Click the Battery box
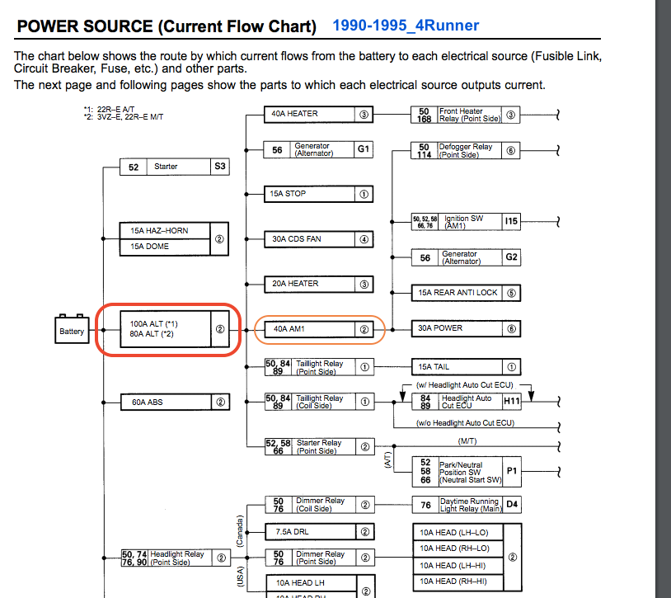point(72,332)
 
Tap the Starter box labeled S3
point(174,167)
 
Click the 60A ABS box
point(174,403)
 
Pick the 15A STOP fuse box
point(318,194)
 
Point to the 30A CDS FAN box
point(318,239)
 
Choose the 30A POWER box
point(467,328)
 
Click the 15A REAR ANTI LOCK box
point(467,293)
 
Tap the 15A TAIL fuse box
point(467,367)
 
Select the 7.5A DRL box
point(318,531)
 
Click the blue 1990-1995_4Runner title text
point(405,26)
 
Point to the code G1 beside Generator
point(363,149)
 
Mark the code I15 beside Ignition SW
point(512,221)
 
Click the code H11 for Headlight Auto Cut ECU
point(512,402)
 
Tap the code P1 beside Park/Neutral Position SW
point(512,471)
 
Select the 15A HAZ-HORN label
point(159,231)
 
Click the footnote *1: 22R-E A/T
point(113,109)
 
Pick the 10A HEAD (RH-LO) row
point(454,549)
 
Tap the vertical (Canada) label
point(240,531)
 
